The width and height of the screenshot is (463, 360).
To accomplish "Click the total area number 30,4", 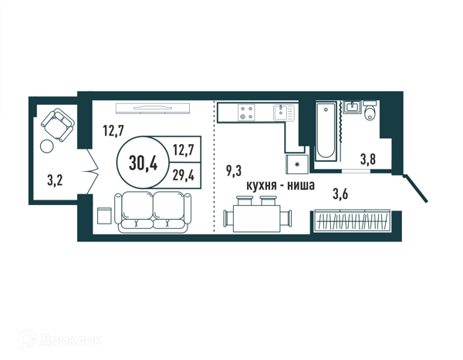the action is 144,163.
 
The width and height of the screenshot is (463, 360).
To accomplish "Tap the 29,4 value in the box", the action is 184,176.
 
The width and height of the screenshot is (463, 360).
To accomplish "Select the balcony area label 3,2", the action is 55,180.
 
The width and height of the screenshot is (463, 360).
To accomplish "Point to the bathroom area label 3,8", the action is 368,160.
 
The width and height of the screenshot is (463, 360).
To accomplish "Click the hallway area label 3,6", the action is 340,194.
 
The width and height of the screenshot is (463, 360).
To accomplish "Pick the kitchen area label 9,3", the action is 234,171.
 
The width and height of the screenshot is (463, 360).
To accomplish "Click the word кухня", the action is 262,186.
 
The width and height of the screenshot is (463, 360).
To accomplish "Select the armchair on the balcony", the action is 58,125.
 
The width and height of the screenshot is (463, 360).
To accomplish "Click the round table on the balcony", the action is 47,146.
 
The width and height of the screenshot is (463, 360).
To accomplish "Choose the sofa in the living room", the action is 153,212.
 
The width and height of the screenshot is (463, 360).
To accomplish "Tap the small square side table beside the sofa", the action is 104,215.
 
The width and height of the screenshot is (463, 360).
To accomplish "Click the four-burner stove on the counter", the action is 247,113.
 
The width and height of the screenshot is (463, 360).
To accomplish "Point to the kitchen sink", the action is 284,113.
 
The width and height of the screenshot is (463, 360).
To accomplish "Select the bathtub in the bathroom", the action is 326,132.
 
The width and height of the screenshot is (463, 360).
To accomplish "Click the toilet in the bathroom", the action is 370,110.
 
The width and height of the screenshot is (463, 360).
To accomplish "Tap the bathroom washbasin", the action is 353,107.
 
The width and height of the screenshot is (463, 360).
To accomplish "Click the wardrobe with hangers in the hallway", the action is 353,220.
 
